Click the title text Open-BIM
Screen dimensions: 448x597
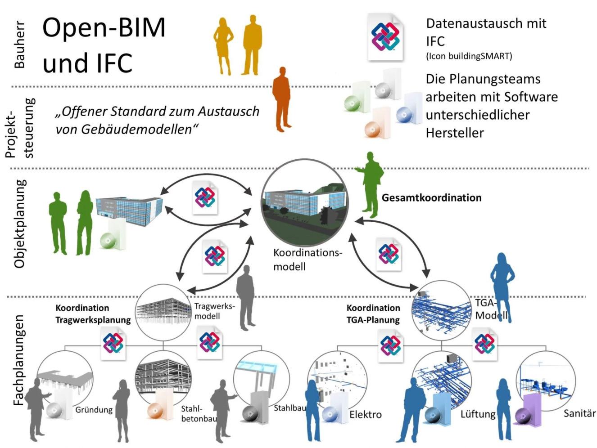click(104, 28)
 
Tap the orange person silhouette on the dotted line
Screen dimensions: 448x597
click(281, 99)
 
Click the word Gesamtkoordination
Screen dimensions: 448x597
click(431, 198)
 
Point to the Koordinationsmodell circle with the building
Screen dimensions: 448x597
click(305, 202)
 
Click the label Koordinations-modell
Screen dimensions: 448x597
click(307, 260)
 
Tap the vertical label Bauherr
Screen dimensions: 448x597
click(19, 45)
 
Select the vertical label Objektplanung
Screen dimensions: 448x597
click(20, 224)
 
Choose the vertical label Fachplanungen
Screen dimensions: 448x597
click(18, 360)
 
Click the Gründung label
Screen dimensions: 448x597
click(94, 410)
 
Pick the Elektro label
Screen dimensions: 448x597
click(365, 415)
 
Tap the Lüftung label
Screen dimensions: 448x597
click(478, 414)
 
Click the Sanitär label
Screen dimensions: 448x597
click(579, 413)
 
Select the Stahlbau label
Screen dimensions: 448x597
click(289, 408)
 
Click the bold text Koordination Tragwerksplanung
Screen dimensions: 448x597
click(93, 314)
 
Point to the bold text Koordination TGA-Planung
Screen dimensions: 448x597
click(373, 314)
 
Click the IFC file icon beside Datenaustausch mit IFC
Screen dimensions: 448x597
click(385, 37)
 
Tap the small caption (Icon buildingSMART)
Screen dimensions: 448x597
click(469, 56)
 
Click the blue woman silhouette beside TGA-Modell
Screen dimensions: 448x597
click(502, 288)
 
